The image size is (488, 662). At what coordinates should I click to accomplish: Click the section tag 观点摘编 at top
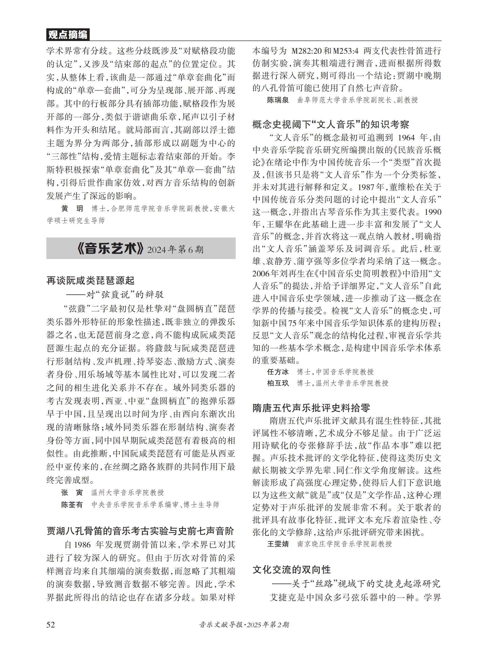click(68, 35)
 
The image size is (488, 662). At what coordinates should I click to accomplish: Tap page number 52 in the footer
click(51, 624)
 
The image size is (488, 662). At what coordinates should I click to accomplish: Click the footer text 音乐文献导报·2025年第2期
click(244, 625)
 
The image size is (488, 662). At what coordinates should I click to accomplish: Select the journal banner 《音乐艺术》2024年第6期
click(141, 249)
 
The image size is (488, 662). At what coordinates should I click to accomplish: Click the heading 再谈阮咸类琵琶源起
click(90, 280)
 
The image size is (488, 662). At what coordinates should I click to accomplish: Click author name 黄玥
click(72, 209)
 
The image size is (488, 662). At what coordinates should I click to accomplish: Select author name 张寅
click(72, 492)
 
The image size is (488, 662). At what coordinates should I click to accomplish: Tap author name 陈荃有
click(72, 504)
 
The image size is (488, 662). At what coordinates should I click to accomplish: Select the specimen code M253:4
click(345, 51)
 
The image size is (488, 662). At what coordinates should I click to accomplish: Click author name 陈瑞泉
click(278, 100)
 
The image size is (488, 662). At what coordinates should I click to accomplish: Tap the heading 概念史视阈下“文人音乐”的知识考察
click(330, 124)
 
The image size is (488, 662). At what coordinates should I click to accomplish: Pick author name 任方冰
click(278, 372)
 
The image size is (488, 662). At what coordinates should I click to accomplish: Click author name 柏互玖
click(278, 383)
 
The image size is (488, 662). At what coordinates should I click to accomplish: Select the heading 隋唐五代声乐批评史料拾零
click(311, 408)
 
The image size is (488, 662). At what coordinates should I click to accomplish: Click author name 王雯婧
click(278, 544)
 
